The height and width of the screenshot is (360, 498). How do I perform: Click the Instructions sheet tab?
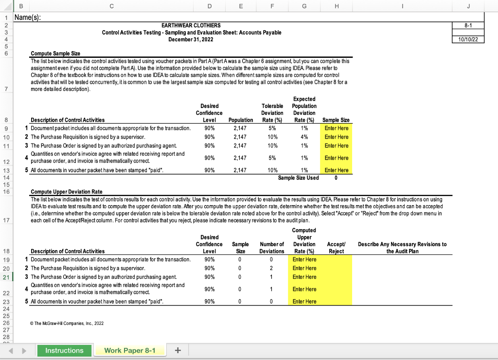point(64,350)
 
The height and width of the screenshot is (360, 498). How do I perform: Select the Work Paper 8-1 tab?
point(130,350)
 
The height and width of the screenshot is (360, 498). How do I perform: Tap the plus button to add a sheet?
point(178,350)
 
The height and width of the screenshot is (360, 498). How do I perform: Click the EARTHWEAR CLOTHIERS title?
point(191,25)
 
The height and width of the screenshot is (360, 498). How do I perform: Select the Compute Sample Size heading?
point(55,53)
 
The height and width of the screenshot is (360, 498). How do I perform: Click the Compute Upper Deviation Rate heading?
point(66,191)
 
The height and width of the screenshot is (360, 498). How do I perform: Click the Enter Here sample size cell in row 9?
point(337,128)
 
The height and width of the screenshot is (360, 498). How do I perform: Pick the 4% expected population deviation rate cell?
point(304,137)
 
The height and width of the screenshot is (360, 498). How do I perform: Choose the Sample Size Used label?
point(298,178)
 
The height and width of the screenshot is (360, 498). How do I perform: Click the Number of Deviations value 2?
point(271,268)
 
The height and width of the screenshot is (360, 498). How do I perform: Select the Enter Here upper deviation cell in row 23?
point(304,301)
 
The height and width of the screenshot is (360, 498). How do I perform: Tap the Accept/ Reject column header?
point(336,248)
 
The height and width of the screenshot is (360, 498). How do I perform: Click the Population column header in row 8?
point(241,120)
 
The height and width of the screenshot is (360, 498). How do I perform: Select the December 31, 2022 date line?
point(191,39)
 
